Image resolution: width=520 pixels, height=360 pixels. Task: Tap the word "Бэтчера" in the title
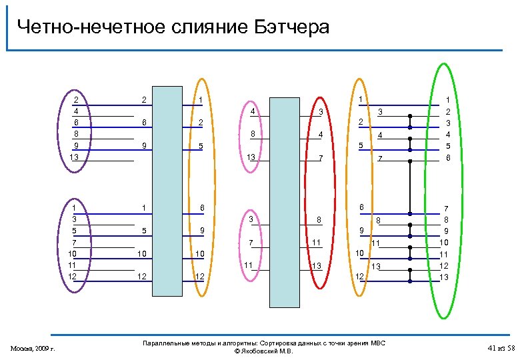[291, 27]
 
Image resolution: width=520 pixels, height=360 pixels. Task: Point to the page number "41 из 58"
[502, 348]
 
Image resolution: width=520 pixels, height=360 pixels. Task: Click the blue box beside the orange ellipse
[167, 190]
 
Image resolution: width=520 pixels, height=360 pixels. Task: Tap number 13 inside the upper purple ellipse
[75, 157]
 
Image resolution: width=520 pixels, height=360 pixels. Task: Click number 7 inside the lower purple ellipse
[75, 242]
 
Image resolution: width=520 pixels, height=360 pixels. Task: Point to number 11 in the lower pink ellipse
[248, 265]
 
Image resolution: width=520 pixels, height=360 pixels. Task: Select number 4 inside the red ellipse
[321, 135]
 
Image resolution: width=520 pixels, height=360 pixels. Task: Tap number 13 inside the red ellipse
[317, 266]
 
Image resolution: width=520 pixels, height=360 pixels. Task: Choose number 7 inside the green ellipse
[448, 209]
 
